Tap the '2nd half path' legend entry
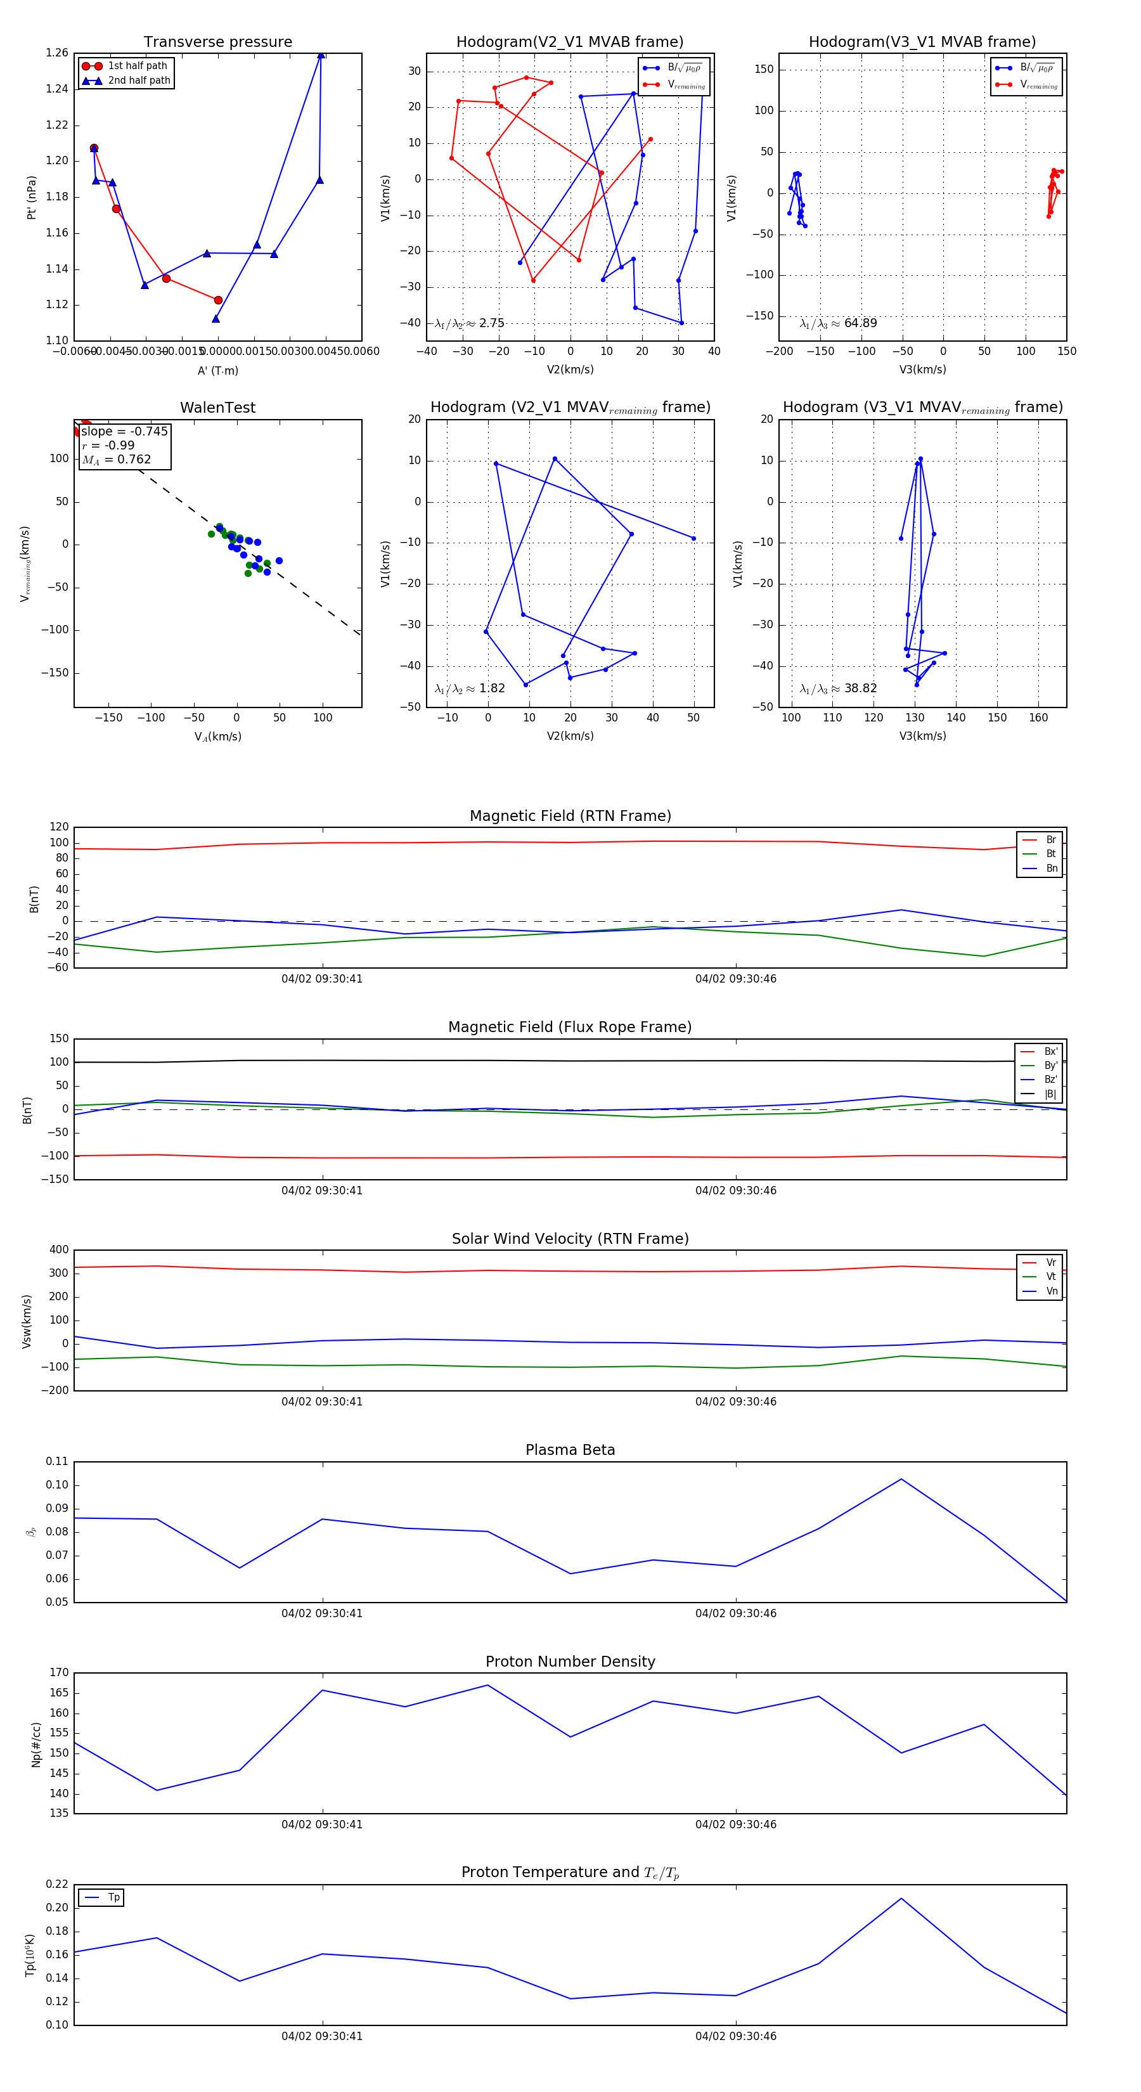pos(139,81)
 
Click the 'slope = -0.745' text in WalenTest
pos(124,431)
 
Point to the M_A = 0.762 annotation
pos(116,460)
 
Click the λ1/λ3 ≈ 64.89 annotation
pos(838,323)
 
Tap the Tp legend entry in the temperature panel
pos(113,1898)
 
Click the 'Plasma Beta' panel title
pos(570,1450)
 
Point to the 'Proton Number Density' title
pos(570,1662)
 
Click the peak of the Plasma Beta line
pos(901,1479)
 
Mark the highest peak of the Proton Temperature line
pos(901,1899)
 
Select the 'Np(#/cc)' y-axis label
pos(35,1745)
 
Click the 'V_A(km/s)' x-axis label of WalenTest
pos(217,737)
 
